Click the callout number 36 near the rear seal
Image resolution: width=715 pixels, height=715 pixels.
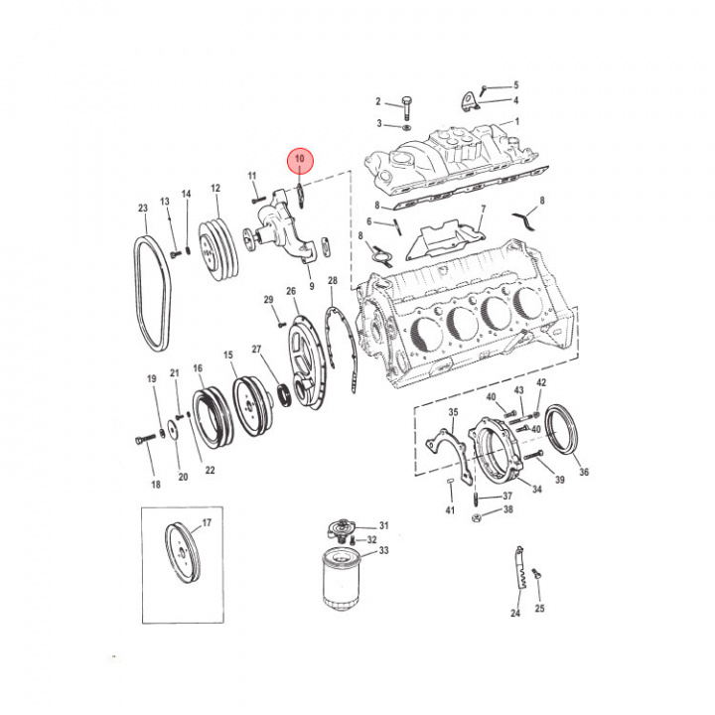pyautogui.click(x=584, y=473)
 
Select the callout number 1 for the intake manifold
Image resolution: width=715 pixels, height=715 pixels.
pyautogui.click(x=516, y=122)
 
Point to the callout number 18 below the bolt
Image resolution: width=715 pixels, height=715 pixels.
pyautogui.click(x=155, y=485)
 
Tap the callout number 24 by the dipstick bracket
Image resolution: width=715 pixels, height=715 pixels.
pyautogui.click(x=515, y=614)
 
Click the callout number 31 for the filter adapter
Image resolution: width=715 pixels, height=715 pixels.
pyautogui.click(x=384, y=526)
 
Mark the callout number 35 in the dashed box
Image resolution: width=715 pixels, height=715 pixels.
pyautogui.click(x=453, y=412)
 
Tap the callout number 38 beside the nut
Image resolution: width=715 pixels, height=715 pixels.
pyautogui.click(x=507, y=509)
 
